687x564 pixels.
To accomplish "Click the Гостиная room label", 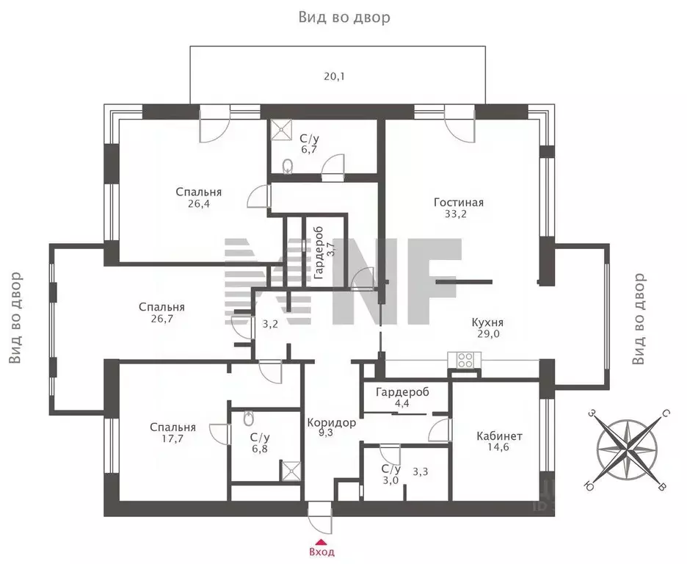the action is pyautogui.click(x=459, y=203).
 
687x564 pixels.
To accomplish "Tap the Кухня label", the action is pyautogui.click(x=487, y=322).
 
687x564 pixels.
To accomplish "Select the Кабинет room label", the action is pyautogui.click(x=499, y=436).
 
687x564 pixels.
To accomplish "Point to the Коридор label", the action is pyautogui.click(x=331, y=423).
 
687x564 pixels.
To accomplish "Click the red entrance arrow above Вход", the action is pyautogui.click(x=321, y=541).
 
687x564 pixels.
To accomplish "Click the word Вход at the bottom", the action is pyautogui.click(x=321, y=552).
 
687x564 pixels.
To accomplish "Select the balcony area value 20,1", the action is pyautogui.click(x=334, y=76).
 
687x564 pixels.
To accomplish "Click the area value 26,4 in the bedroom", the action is pyautogui.click(x=198, y=203).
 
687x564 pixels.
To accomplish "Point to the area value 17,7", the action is pyautogui.click(x=172, y=438).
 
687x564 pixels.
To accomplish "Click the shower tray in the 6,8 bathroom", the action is pyautogui.click(x=291, y=470).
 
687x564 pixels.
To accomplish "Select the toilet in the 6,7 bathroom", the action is pyautogui.click(x=288, y=167).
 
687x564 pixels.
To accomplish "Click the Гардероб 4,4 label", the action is pyautogui.click(x=402, y=397).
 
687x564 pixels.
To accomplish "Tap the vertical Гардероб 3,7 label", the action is pyautogui.click(x=324, y=253).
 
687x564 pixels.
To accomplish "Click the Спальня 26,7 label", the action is pyautogui.click(x=161, y=312).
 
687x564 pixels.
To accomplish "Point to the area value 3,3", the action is pyautogui.click(x=420, y=472).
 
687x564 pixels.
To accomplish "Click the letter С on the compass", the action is pyautogui.click(x=665, y=413).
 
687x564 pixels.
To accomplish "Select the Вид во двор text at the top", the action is pyautogui.click(x=344, y=17).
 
